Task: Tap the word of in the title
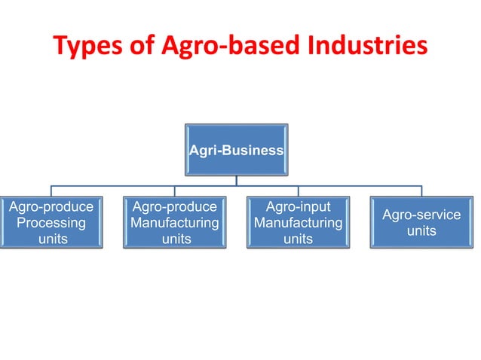pos(141,46)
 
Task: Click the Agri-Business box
pos(237,150)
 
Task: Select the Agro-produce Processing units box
pos(51,223)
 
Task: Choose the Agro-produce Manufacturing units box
pos(175,223)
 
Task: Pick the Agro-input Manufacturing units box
pos(298,223)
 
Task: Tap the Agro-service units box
pos(421,223)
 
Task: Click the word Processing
pos(51,223)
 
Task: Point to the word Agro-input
pos(298,207)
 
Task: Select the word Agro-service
pos(421,215)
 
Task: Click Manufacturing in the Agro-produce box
pos(175,223)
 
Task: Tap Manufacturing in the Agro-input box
pos(298,224)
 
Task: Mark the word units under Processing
pos(51,239)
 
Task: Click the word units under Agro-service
pos(421,231)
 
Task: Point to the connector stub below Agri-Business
pos(237,181)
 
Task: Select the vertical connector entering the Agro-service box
pos(421,191)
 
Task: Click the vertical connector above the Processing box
pos(51,191)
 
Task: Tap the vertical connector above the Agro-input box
pos(298,191)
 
